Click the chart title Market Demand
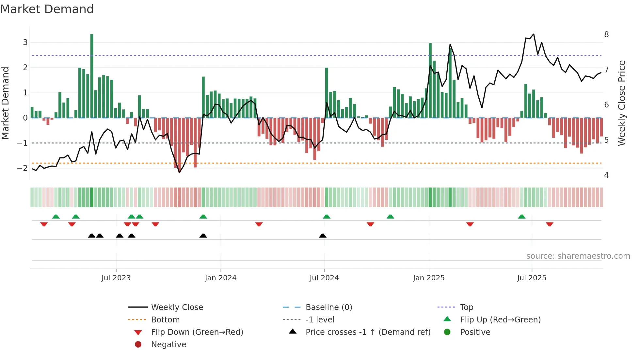point(47,9)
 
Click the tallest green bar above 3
point(92,75)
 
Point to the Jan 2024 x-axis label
point(220,278)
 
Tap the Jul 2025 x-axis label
point(531,278)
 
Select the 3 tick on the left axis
point(25,42)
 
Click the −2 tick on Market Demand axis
point(22,168)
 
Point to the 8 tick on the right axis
point(606,35)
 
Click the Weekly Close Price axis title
point(622,103)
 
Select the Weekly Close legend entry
point(177,307)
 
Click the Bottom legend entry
point(165,320)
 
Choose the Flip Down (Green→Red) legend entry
point(197,332)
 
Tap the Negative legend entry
point(168,345)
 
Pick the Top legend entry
point(466,307)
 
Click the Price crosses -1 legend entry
point(368,332)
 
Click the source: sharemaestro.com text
point(578,256)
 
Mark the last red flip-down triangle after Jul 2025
point(550,224)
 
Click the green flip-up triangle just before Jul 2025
point(521,217)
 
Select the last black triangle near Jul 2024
point(323,236)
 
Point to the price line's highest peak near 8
point(534,34)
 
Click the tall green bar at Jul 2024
point(327,93)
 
